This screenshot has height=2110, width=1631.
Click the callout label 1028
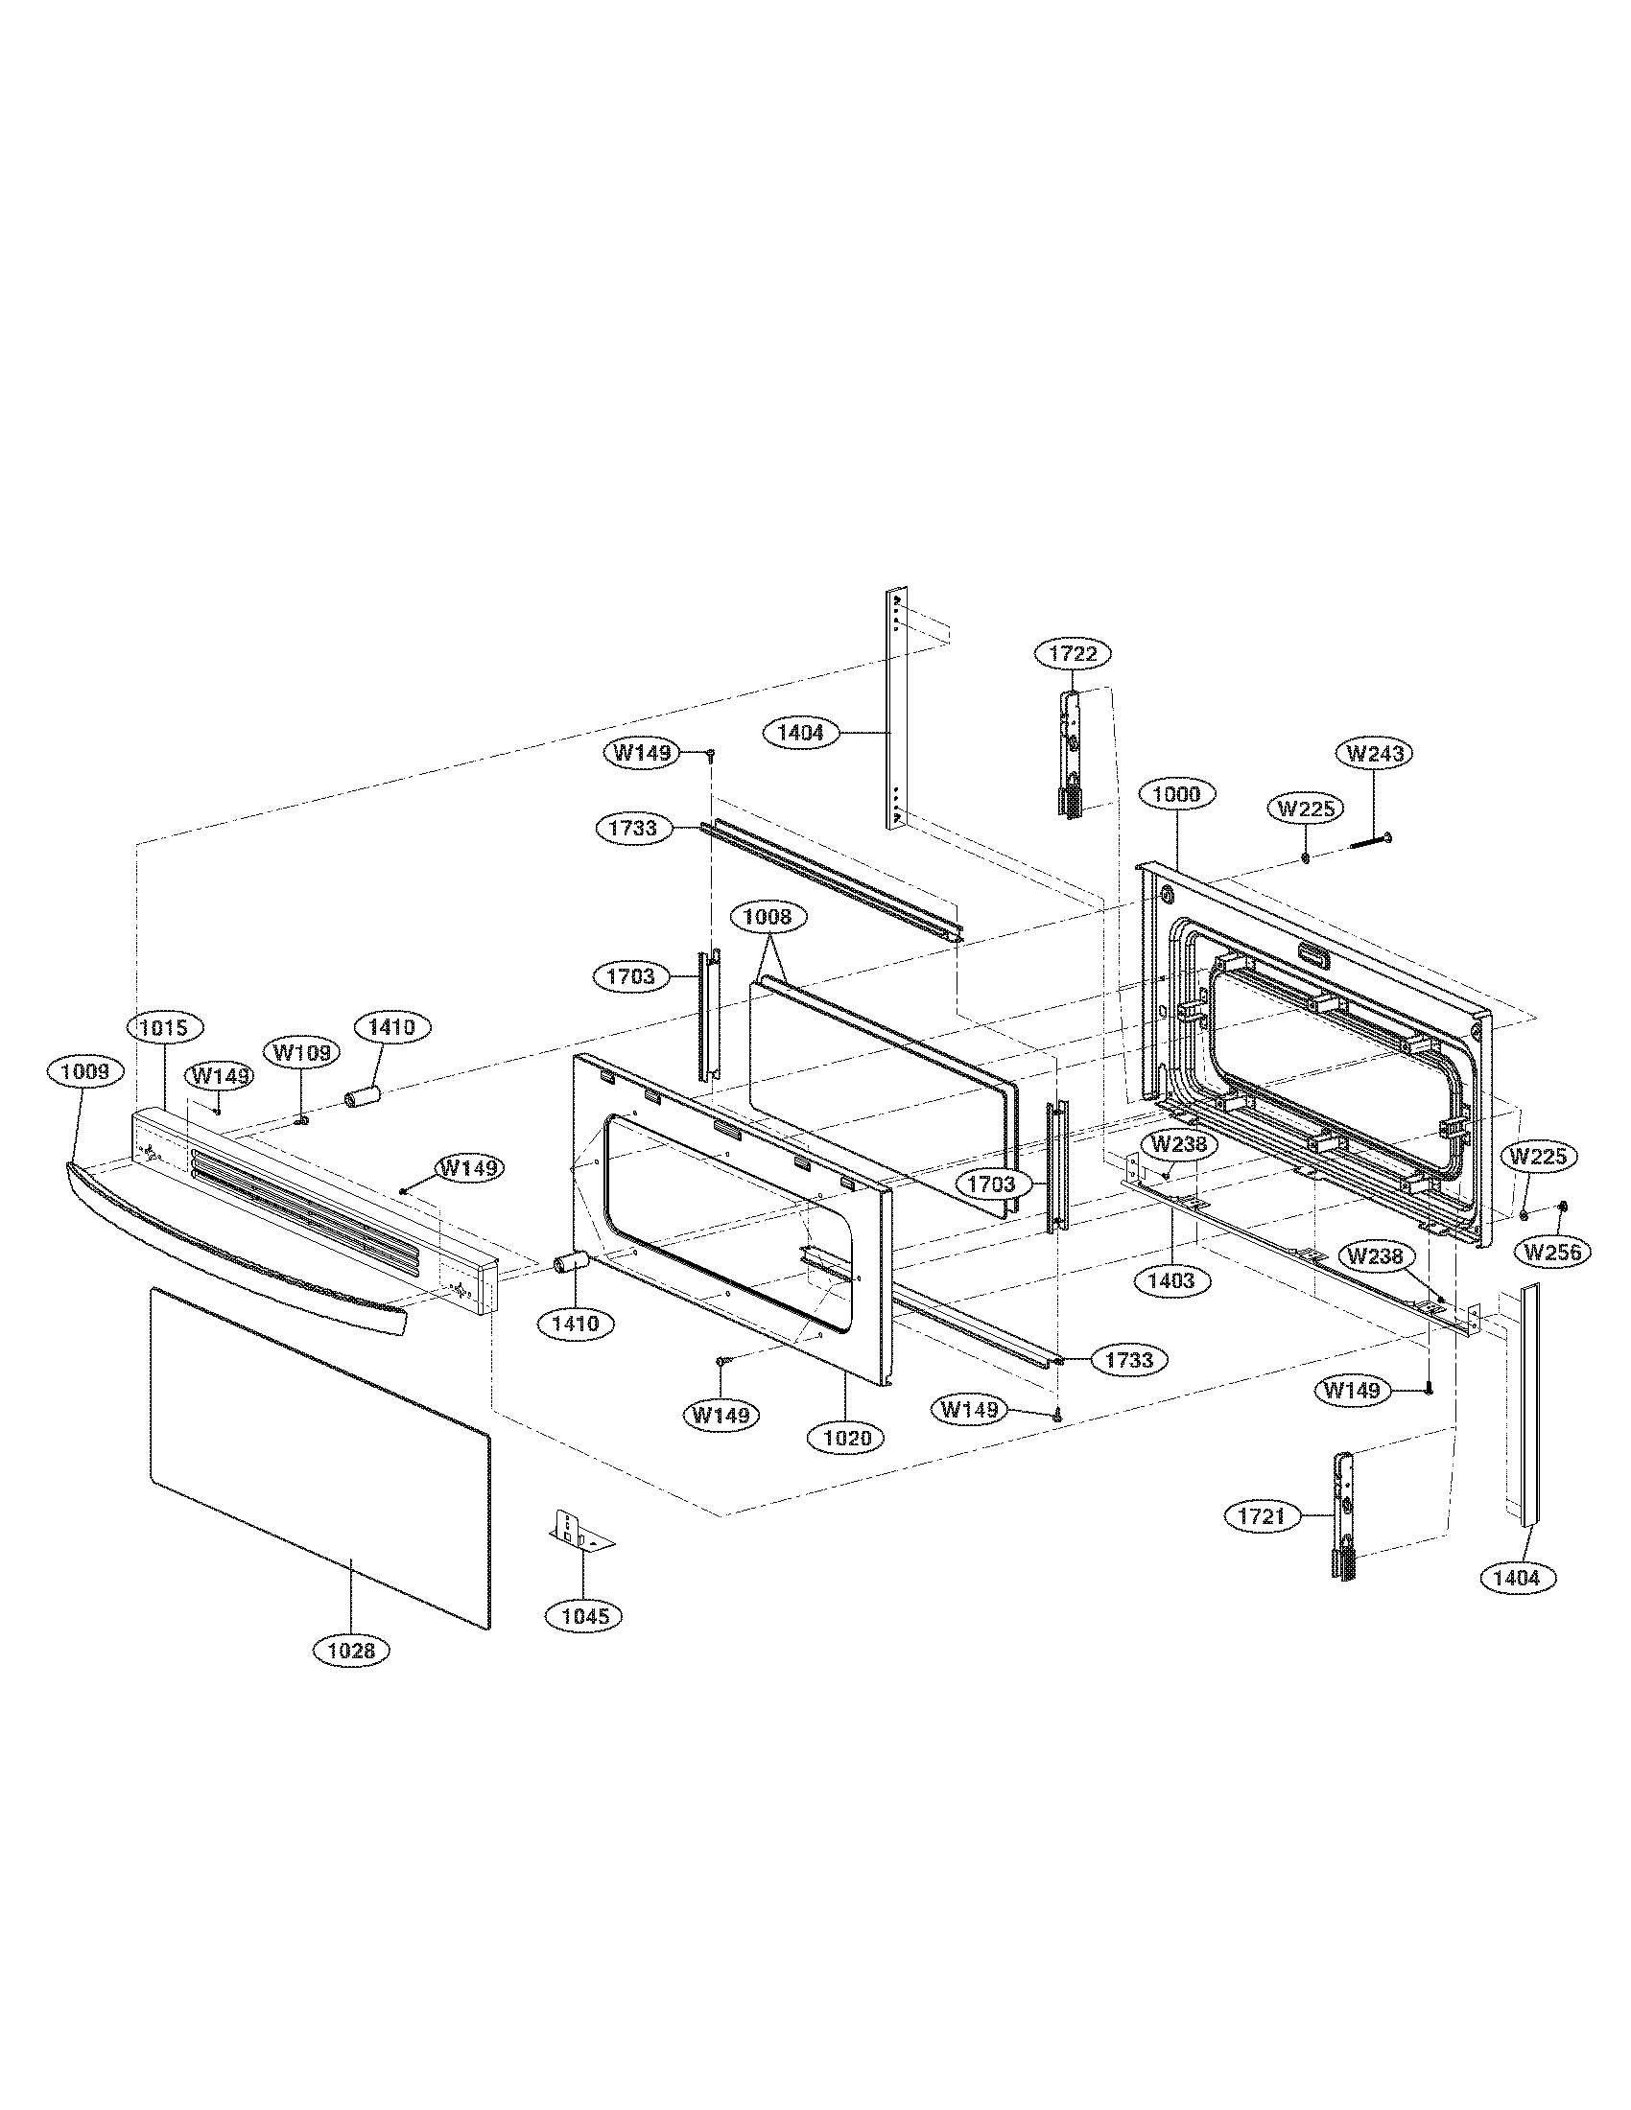tap(351, 1651)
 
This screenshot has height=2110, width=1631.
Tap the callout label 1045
tap(584, 1615)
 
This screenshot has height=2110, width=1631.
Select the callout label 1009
tap(86, 1070)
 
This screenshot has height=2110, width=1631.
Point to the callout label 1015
tap(163, 1026)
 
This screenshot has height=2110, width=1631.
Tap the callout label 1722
tap(1073, 654)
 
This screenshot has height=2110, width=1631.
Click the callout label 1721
tap(1261, 1515)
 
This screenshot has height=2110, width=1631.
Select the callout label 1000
tap(1176, 794)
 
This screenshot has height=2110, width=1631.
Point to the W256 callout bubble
tap(1552, 1252)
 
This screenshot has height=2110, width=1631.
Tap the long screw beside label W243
tap(1368, 839)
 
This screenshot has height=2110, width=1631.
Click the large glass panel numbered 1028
tap(319, 1449)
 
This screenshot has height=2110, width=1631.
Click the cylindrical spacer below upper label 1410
tap(364, 1097)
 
